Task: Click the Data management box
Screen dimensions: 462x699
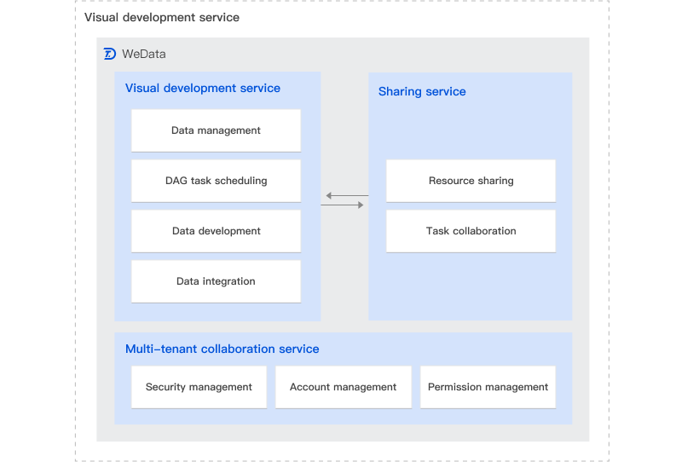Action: [x=216, y=130]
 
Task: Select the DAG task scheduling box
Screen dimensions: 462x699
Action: [x=216, y=181]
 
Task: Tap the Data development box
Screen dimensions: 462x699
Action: [x=216, y=231]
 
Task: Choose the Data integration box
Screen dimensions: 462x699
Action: [x=216, y=281]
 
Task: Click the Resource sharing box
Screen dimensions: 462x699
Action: [x=471, y=181]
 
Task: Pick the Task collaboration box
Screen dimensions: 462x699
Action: [x=471, y=231]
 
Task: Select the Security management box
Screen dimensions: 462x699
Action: [x=199, y=387]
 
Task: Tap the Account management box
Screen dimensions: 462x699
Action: [x=343, y=387]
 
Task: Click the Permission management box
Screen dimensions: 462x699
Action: [x=488, y=387]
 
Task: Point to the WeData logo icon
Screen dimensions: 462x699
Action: [x=110, y=54]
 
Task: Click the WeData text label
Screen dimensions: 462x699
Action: [x=144, y=54]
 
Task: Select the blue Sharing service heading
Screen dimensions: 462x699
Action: [x=422, y=91]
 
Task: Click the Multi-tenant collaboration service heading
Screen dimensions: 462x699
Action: [x=222, y=349]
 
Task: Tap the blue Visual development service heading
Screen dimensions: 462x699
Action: [x=202, y=88]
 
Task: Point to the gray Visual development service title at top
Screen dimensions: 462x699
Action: [x=161, y=17]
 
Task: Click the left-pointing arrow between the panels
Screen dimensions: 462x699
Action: [x=344, y=196]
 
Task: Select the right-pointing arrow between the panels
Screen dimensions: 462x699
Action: [x=344, y=205]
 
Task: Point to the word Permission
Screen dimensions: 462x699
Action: [x=455, y=387]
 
